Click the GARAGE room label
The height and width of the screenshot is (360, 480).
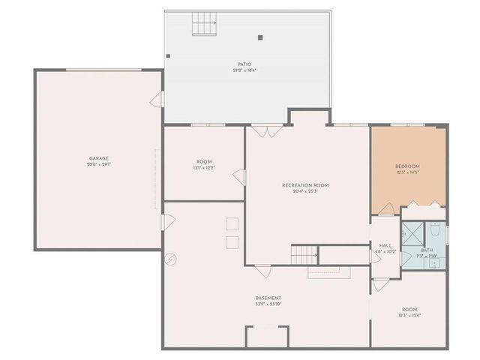point(99,158)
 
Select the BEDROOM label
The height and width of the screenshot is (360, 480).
point(407,166)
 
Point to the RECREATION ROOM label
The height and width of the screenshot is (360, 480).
point(304,185)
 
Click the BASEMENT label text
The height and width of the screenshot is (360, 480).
point(268,298)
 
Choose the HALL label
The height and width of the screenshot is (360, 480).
point(385,245)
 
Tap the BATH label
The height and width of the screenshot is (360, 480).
point(427,250)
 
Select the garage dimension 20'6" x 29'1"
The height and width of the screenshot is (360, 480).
point(99,164)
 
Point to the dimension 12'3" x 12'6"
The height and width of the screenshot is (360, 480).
point(409,315)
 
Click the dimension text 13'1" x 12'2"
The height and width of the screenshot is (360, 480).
point(204,168)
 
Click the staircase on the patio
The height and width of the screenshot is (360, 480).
point(203,25)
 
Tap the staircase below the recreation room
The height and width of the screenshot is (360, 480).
point(304,254)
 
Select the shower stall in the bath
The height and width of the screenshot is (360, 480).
point(411,233)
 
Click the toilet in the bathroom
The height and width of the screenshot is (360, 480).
point(436,229)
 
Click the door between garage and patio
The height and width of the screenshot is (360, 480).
point(157,99)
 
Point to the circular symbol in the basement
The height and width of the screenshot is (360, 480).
point(171,259)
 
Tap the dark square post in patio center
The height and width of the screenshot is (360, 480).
point(260,37)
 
